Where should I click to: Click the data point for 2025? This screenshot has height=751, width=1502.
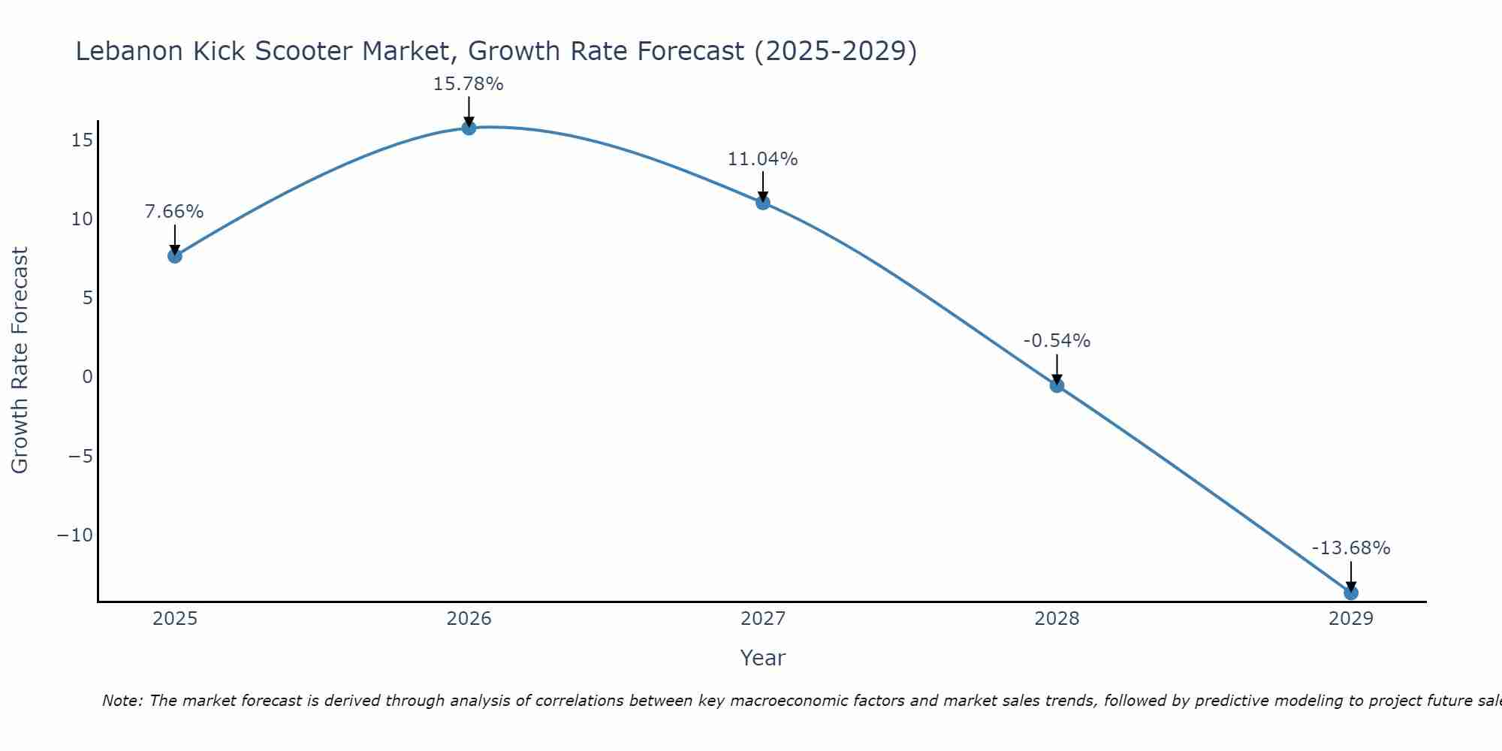174,256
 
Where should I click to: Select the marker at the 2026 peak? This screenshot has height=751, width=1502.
469,128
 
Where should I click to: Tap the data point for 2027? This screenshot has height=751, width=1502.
763,202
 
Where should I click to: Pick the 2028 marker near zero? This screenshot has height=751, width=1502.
1057,385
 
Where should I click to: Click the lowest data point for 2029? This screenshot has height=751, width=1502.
1351,593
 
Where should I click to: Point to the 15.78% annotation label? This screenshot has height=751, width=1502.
468,84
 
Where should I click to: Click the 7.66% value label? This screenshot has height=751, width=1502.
174,212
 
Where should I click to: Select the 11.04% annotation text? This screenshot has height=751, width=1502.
762,159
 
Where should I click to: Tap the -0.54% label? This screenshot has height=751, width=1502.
1057,341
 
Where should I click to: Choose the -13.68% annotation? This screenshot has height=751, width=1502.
1351,548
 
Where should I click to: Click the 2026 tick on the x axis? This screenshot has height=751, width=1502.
469,619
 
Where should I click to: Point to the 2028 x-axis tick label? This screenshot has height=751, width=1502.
1057,619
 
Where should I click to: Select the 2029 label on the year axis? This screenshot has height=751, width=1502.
1351,619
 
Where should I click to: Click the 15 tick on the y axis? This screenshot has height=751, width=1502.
83,140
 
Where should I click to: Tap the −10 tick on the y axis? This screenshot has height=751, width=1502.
75,535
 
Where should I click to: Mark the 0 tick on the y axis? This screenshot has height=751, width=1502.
87,377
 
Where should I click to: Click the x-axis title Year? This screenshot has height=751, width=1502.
762,658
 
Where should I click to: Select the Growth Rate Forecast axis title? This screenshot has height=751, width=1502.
20,360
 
